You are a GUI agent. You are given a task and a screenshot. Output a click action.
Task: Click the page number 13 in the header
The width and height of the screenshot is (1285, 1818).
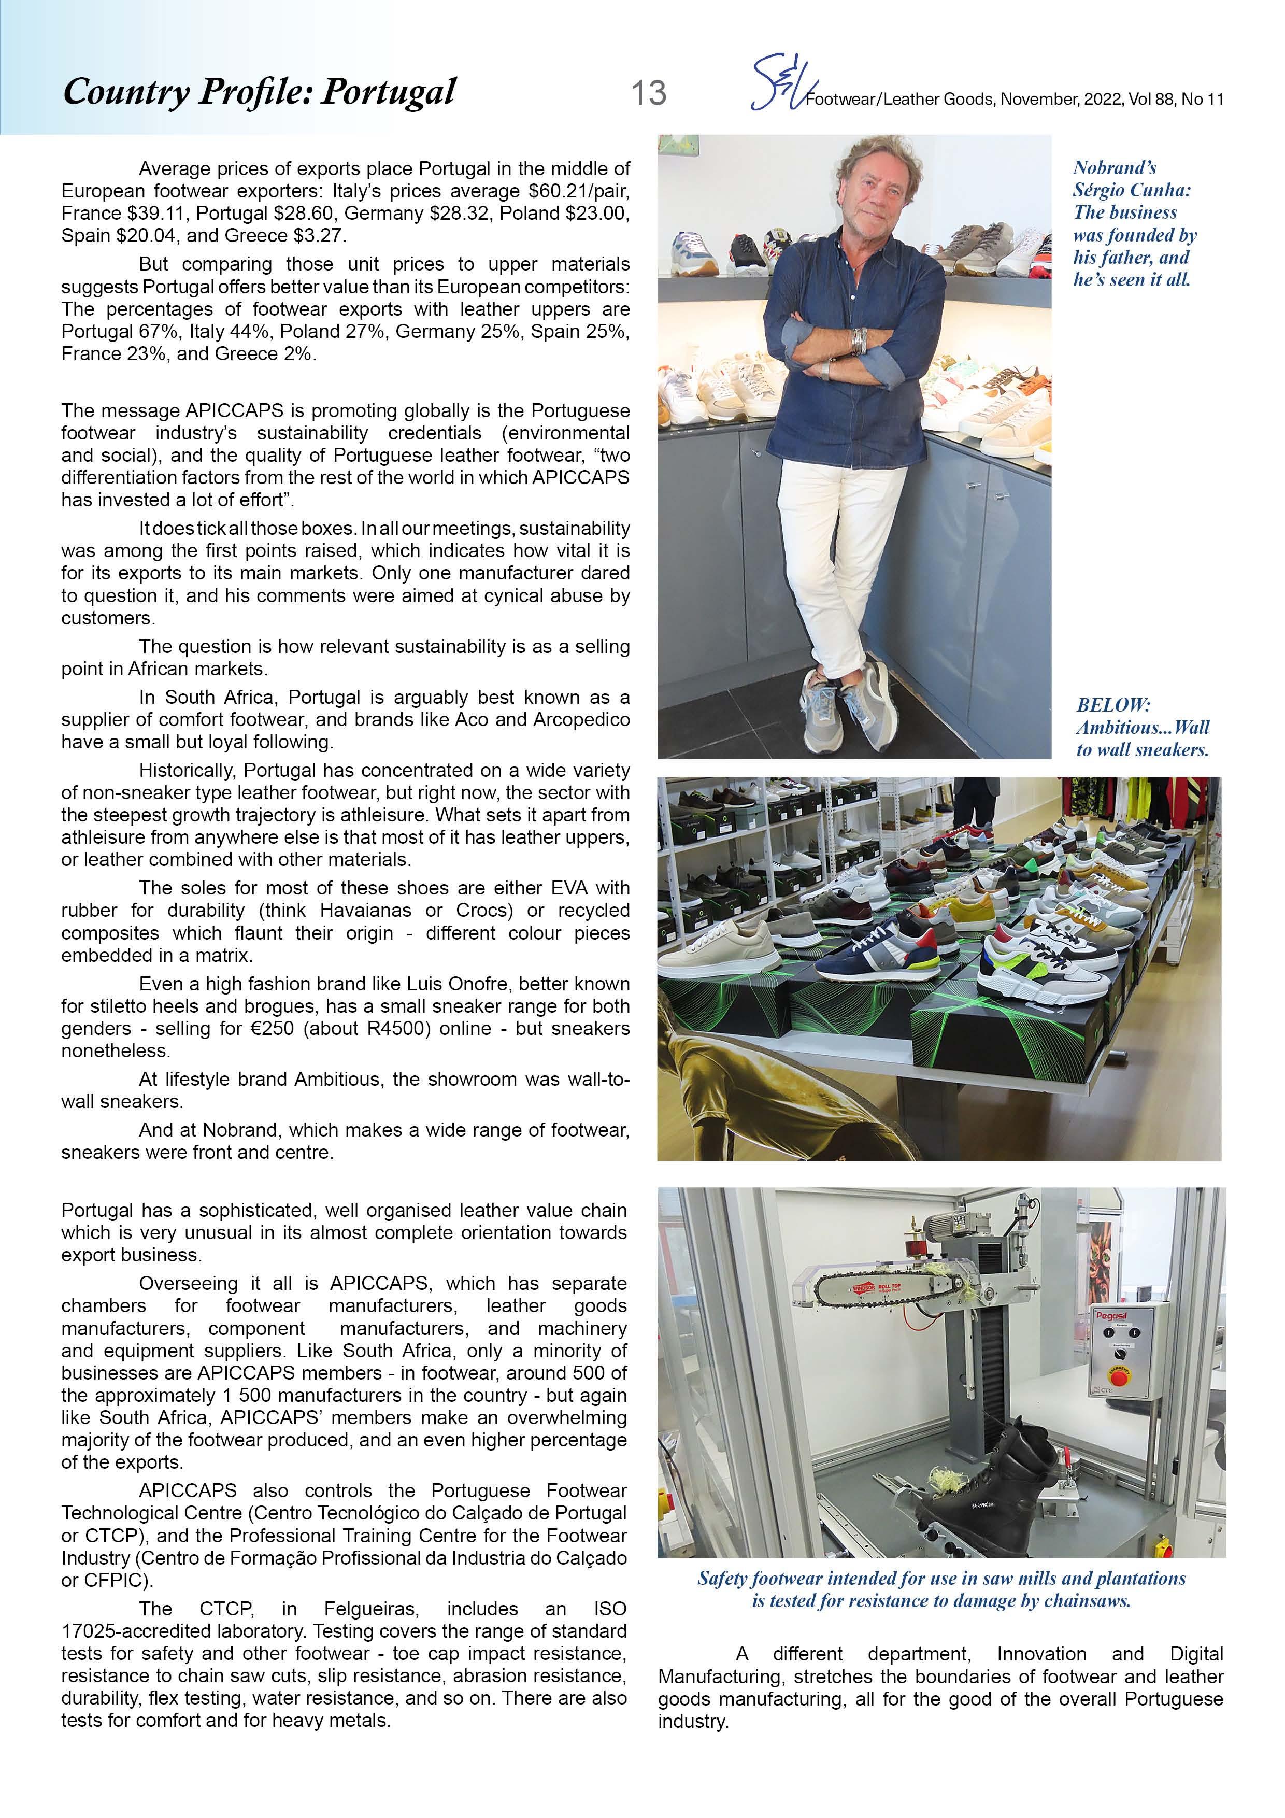[x=648, y=93]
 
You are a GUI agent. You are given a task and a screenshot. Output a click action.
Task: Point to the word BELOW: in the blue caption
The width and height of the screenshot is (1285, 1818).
[x=1113, y=705]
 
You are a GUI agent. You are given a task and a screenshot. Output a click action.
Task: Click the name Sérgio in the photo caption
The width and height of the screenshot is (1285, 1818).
[x=1101, y=190]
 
